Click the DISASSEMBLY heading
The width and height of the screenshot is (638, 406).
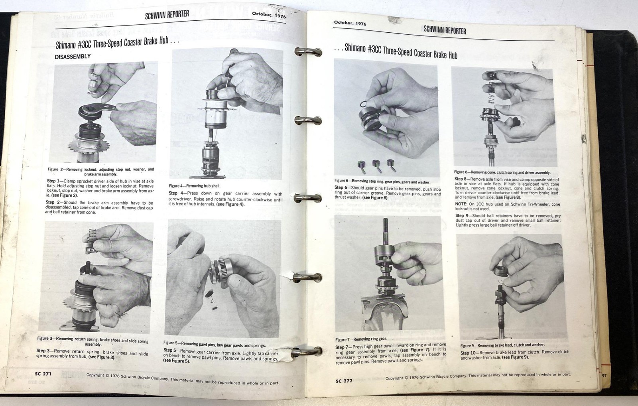pyautogui.click(x=73, y=57)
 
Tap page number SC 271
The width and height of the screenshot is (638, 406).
pyautogui.click(x=43, y=374)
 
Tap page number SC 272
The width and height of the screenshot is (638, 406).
pyautogui.click(x=344, y=380)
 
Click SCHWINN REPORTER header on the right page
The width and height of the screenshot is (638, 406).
pyautogui.click(x=445, y=30)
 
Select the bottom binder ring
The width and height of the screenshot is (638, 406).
pyautogui.click(x=307, y=351)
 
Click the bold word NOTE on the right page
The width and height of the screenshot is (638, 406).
pyautogui.click(x=461, y=204)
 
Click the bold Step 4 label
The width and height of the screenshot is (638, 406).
pyautogui.click(x=176, y=193)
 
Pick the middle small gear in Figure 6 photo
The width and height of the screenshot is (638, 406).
pyautogui.click(x=376, y=164)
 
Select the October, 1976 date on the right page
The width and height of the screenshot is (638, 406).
pyautogui.click(x=350, y=23)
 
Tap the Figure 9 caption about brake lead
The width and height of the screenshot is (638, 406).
pyautogui.click(x=502, y=345)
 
